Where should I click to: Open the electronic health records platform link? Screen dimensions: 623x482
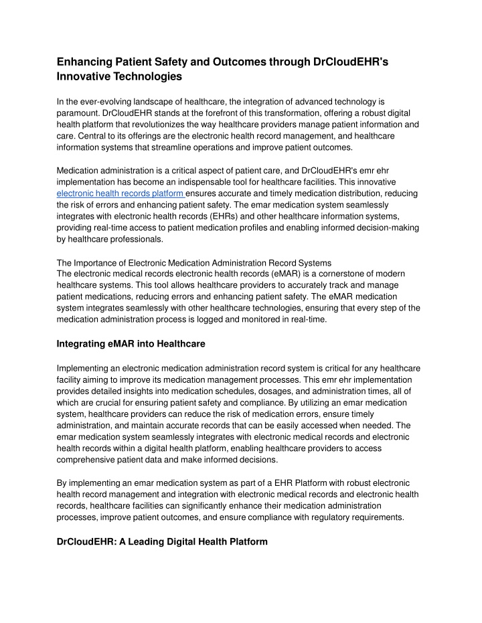click(121, 193)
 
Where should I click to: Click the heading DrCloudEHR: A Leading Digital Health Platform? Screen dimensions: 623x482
click(162, 541)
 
